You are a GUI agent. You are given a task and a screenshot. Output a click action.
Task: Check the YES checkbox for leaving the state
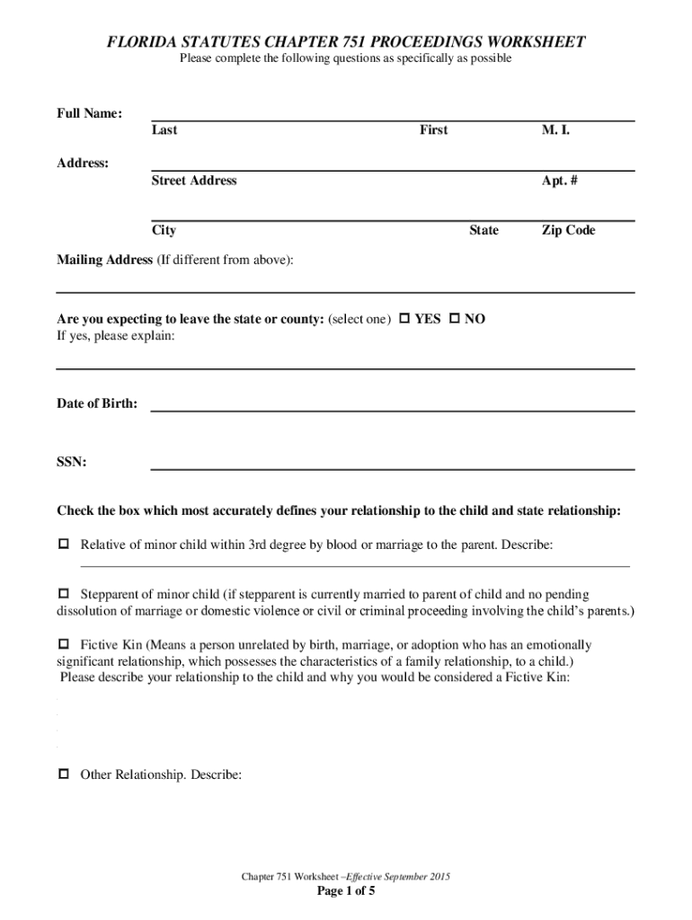click(404, 319)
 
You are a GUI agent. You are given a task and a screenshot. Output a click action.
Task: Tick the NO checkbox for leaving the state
click(454, 319)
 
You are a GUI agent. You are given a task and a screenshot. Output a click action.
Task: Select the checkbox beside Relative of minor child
click(64, 544)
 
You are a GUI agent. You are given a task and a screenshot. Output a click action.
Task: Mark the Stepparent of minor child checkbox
click(64, 595)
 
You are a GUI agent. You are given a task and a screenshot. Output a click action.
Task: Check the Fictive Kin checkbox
click(64, 645)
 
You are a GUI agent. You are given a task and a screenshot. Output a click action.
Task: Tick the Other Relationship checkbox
click(64, 774)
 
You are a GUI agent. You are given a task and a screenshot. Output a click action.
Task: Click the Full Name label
click(90, 114)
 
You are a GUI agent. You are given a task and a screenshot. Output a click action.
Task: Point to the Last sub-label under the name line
click(164, 130)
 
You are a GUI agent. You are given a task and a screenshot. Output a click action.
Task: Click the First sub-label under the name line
click(433, 130)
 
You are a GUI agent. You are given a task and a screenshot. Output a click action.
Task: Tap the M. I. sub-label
click(555, 130)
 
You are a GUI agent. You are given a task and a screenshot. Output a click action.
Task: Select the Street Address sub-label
click(194, 181)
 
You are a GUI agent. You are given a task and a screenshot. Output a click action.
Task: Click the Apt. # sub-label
click(559, 181)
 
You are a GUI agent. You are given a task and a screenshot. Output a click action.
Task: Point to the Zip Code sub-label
click(568, 231)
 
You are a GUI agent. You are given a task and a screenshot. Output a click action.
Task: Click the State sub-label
click(484, 231)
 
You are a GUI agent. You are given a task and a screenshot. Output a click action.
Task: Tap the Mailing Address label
click(105, 260)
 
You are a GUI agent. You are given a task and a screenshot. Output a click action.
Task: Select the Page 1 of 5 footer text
click(346, 891)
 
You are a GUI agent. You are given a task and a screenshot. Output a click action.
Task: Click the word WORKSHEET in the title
click(534, 42)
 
